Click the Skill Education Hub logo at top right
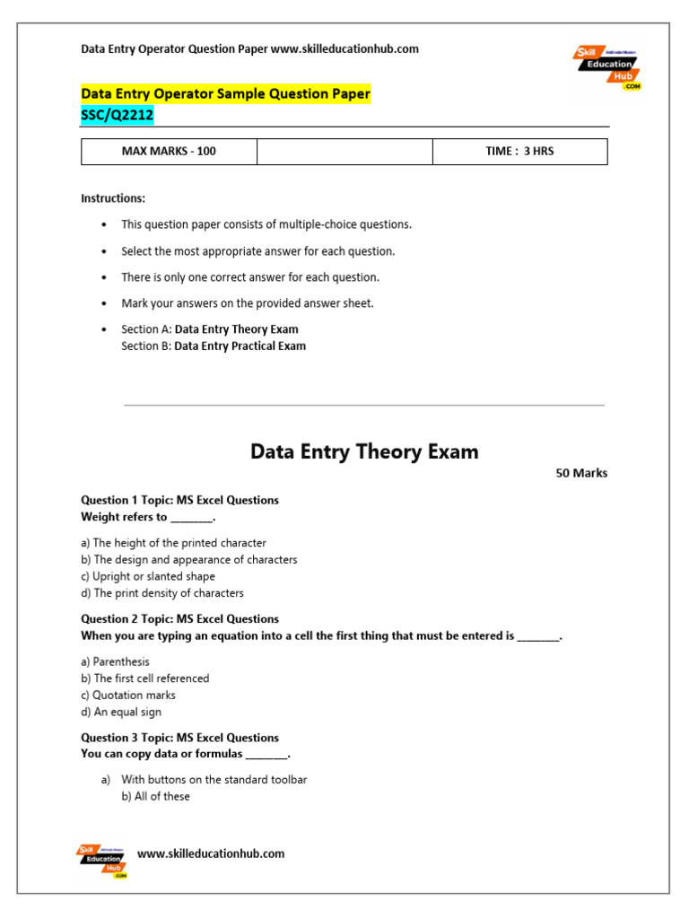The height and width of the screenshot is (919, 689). (607, 67)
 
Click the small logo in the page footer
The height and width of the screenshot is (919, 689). (102, 861)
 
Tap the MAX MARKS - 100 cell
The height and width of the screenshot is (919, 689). (169, 151)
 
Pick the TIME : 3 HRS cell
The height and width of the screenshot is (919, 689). (519, 151)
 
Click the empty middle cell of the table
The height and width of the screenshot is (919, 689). (344, 151)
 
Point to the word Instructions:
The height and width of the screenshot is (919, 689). (113, 198)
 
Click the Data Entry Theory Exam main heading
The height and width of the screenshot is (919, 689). (364, 452)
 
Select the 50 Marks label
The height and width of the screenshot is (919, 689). (581, 473)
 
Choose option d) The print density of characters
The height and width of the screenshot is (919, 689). (162, 593)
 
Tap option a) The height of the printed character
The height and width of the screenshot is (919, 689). (173, 543)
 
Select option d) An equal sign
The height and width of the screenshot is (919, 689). (121, 712)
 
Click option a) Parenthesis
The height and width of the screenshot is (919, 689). (115, 661)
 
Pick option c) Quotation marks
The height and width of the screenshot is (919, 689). (128, 695)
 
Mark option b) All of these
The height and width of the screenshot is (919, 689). (155, 796)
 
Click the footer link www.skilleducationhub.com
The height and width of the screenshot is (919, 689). (211, 853)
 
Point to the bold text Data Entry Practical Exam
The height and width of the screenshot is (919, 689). (240, 346)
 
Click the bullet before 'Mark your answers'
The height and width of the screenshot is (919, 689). (105, 303)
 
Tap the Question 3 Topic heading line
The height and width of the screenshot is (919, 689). (179, 738)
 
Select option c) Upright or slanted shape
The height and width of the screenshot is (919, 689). (148, 576)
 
